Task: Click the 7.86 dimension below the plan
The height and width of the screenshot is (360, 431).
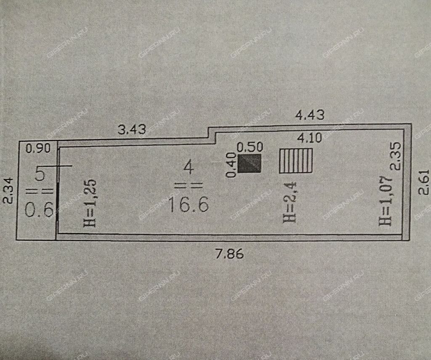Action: [x=229, y=254]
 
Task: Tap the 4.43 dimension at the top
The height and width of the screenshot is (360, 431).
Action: [x=310, y=115]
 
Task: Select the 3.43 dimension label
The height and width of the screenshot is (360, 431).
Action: [x=132, y=129]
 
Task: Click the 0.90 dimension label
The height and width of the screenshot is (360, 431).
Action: [x=38, y=149]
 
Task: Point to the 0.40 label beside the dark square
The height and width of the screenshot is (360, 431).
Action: [x=231, y=165]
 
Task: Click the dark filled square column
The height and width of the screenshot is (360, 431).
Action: [x=249, y=163]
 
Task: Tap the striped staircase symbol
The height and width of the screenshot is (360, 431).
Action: [x=296, y=161]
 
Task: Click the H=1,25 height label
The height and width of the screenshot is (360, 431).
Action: [x=90, y=203]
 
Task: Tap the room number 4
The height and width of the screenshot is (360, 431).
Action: [x=189, y=168]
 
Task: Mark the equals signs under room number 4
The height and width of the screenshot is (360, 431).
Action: [x=189, y=185]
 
